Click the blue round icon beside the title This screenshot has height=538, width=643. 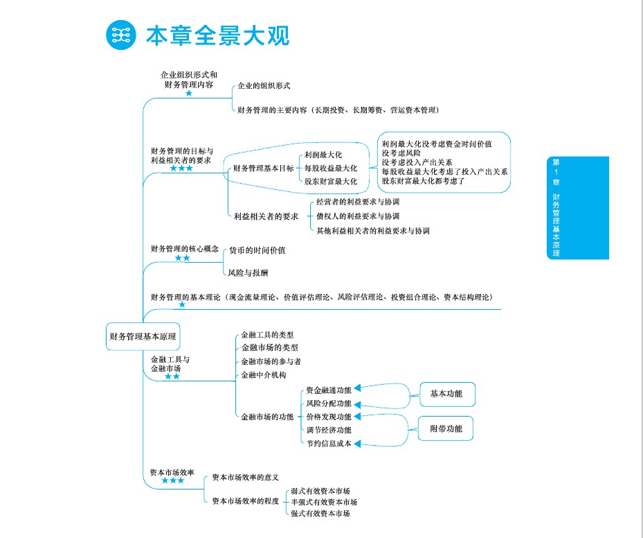[x=121, y=35]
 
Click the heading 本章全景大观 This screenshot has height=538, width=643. [x=217, y=35]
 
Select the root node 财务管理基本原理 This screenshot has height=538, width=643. [x=143, y=337]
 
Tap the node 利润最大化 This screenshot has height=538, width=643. [x=323, y=155]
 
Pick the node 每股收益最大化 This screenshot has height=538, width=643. [x=331, y=168]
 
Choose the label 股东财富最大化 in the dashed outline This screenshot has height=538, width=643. [x=331, y=182]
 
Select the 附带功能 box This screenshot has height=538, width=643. [x=446, y=429]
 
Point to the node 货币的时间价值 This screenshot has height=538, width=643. [x=257, y=250]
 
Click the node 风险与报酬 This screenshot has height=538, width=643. [x=248, y=273]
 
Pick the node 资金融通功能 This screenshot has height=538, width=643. [x=329, y=390]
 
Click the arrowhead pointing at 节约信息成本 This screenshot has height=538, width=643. [x=358, y=444]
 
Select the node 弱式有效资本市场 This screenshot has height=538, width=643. [x=320, y=490]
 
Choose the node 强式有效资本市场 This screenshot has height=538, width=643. [x=320, y=514]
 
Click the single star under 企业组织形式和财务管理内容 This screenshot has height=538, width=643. [x=188, y=93]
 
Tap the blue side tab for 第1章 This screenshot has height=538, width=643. [x=577, y=207]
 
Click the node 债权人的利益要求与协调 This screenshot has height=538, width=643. [x=357, y=216]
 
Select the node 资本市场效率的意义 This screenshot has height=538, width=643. [x=245, y=478]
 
